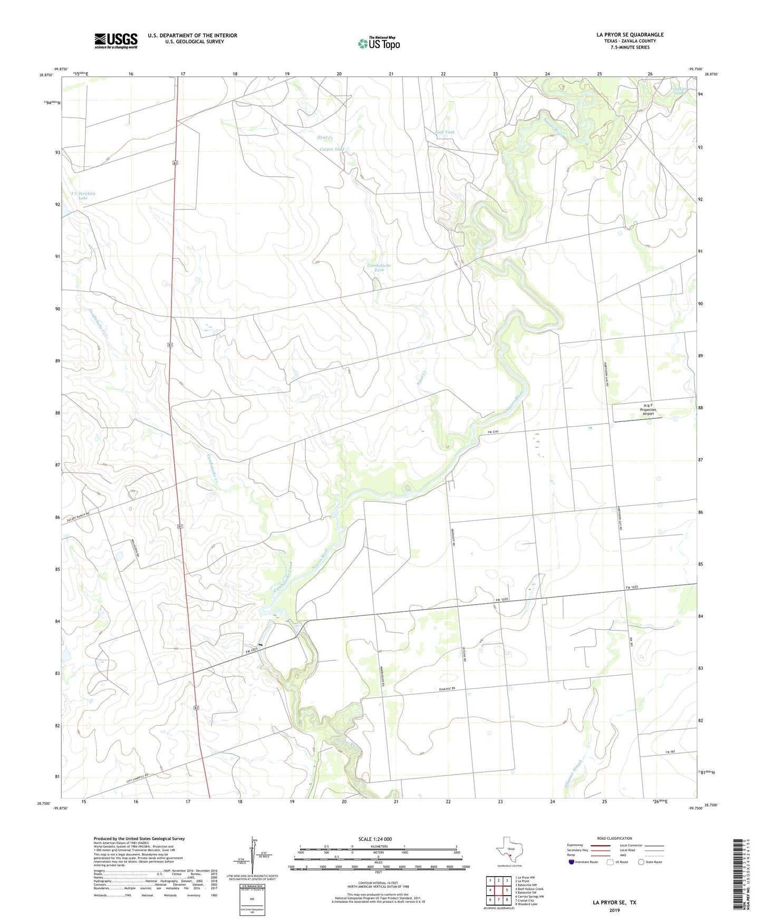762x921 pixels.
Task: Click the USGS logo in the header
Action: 115,40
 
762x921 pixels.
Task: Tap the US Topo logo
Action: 379,43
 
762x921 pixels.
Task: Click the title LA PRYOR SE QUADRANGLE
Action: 630,35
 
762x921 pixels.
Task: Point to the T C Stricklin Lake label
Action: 83,196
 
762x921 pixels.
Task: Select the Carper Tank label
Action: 332,149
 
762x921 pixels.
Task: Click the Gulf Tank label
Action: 445,132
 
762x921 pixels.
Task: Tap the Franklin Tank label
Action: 679,91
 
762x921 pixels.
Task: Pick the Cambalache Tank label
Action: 379,267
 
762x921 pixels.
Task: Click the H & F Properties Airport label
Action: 648,409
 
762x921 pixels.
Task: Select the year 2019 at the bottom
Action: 614,910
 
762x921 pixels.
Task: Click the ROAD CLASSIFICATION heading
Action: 614,838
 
